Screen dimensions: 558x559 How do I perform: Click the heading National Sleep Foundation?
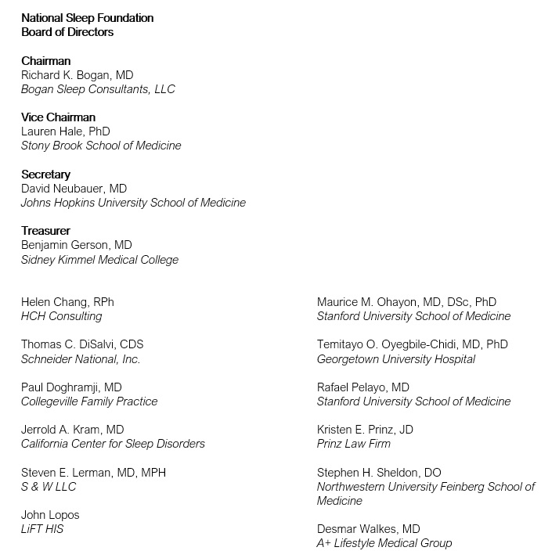click(87, 18)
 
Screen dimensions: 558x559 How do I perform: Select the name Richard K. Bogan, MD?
click(77, 75)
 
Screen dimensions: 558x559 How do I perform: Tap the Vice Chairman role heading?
click(58, 117)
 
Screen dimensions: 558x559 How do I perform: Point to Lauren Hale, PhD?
click(65, 131)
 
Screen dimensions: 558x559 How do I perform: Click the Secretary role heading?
click(45, 175)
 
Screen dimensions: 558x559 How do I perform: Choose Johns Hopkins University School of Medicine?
click(133, 203)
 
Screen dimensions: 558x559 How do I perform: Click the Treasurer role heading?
click(45, 231)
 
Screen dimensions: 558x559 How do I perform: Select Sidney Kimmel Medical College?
click(99, 259)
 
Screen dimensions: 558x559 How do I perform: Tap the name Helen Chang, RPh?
click(67, 302)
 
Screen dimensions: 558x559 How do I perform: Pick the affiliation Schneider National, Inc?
click(81, 358)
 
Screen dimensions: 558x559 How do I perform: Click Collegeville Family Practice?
click(89, 401)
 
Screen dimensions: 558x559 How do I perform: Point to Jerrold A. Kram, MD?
click(72, 430)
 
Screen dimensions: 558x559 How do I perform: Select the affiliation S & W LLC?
click(49, 486)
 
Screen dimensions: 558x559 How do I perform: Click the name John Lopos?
click(50, 515)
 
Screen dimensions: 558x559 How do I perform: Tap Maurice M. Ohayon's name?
click(406, 302)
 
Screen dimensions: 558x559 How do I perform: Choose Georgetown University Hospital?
click(396, 358)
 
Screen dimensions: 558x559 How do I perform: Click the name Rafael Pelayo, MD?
click(363, 387)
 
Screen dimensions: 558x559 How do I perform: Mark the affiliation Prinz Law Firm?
click(354, 444)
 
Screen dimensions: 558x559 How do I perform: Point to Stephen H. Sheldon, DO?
click(379, 473)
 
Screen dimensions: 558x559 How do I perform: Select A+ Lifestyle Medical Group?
click(384, 543)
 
